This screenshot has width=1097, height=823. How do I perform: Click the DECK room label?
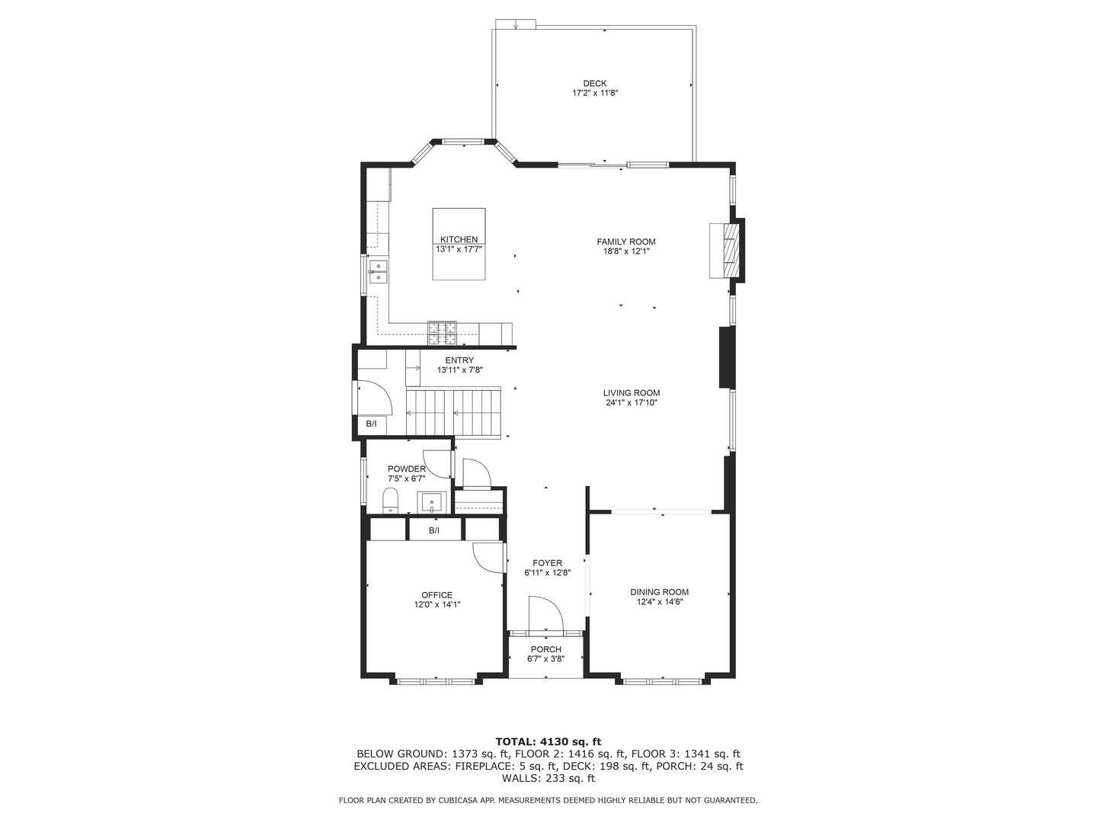coord(594,84)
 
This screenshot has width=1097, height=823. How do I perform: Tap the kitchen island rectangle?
coord(459,244)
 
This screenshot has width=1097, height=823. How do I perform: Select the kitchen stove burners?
coord(442,333)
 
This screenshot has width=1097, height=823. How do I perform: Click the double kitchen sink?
coord(379,272)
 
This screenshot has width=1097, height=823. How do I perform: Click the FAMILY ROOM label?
coord(625,242)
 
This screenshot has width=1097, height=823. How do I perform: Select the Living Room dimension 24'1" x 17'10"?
coord(632,403)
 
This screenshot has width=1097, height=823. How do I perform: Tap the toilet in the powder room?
coord(390,501)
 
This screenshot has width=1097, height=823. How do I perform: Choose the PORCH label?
coord(545,649)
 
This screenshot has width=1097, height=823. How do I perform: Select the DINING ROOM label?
coord(659,592)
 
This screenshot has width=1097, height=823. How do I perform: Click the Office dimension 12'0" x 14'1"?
coord(437,604)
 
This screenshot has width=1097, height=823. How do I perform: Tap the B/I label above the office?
coord(434,530)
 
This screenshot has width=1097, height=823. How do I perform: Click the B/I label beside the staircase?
coord(371,424)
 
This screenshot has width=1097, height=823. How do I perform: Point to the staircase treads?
coord(453,414)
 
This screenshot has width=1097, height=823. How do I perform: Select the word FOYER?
coord(547,563)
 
